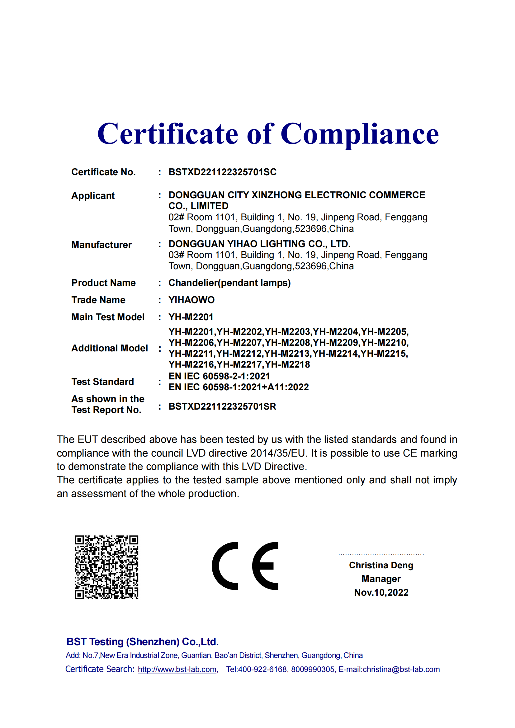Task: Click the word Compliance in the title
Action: click(x=360, y=134)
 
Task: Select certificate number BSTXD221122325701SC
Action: click(x=222, y=172)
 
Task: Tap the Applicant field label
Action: click(x=93, y=196)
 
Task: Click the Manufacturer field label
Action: click(x=102, y=245)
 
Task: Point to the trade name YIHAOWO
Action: click(x=191, y=300)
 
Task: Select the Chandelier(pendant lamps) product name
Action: click(x=229, y=283)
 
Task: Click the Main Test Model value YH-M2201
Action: click(x=191, y=317)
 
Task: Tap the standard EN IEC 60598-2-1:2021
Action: click(x=219, y=376)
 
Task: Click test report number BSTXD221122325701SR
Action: click(x=222, y=406)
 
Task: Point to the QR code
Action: click(x=106, y=567)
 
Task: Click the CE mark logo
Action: click(x=245, y=566)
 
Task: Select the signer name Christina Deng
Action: click(x=381, y=565)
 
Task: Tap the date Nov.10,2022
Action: click(x=381, y=593)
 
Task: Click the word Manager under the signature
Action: click(x=381, y=579)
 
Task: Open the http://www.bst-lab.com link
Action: click(x=177, y=669)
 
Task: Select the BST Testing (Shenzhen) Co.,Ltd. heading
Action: click(x=142, y=642)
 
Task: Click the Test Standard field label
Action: click(x=102, y=382)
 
